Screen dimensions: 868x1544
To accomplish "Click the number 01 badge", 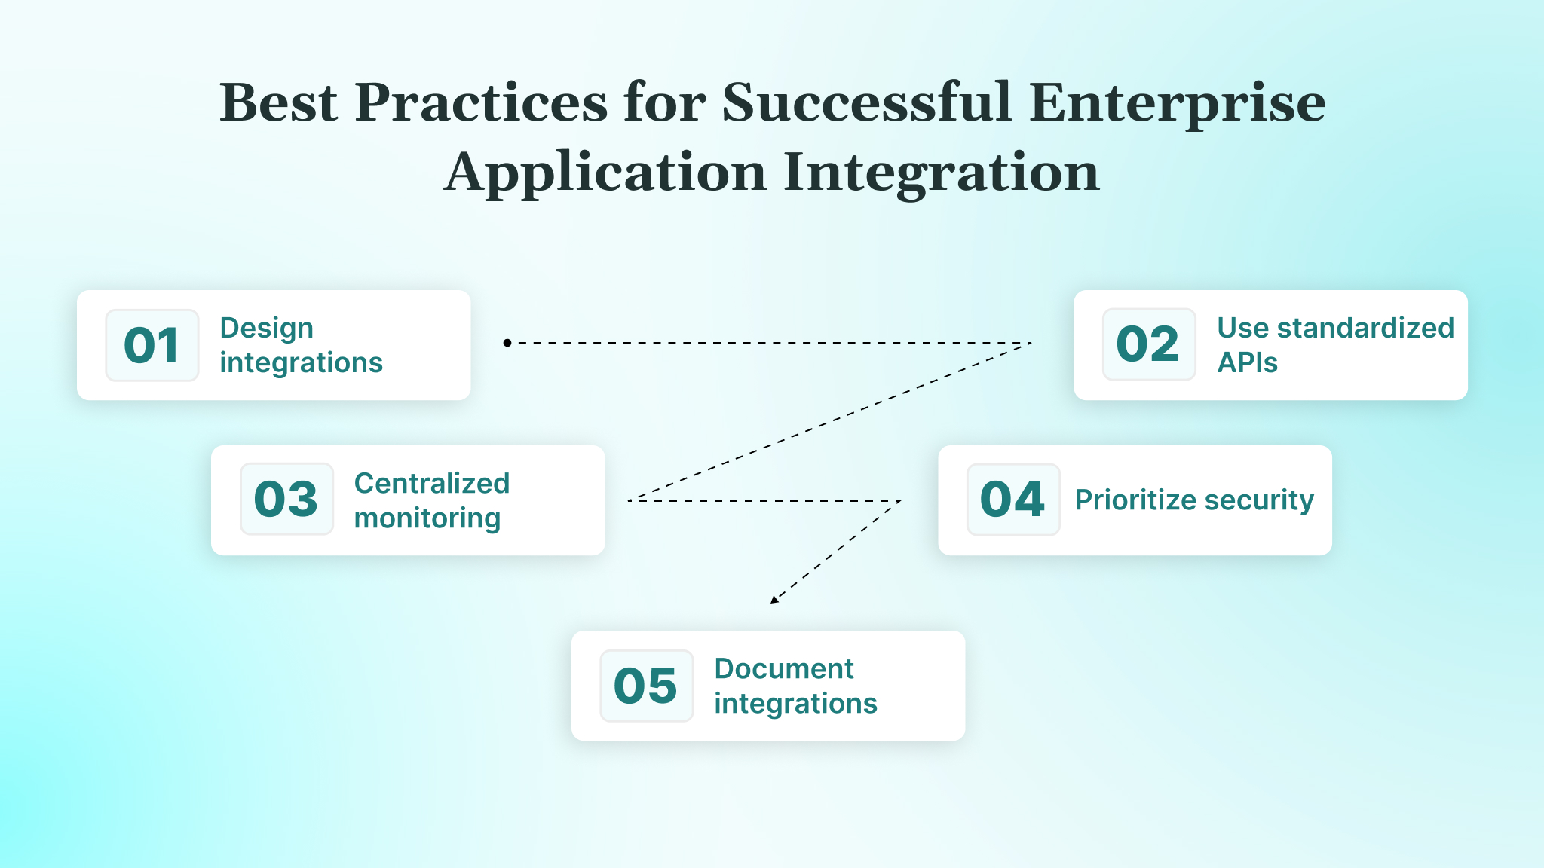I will pos(152,345).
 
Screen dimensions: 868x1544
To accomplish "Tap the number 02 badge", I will pos(1148,344).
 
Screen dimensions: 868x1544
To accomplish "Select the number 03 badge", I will pos(286,499).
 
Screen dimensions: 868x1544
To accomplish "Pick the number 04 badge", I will pos(1012,500).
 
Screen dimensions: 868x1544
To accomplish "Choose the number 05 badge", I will pos(646,686).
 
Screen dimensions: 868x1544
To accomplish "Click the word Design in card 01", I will pos(266,329).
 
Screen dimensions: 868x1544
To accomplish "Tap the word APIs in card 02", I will pos(1247,362).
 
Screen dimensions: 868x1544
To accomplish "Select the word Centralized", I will pos(432,483).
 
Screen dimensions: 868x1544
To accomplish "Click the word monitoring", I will pos(427,518).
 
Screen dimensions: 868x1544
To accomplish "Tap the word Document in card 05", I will pos(783,668).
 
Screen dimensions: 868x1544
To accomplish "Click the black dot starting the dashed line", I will pos(507,343).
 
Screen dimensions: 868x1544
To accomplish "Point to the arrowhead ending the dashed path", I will pos(774,599).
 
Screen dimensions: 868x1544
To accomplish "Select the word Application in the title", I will pos(605,173).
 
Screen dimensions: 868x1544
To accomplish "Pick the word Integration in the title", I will pos(942,173).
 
